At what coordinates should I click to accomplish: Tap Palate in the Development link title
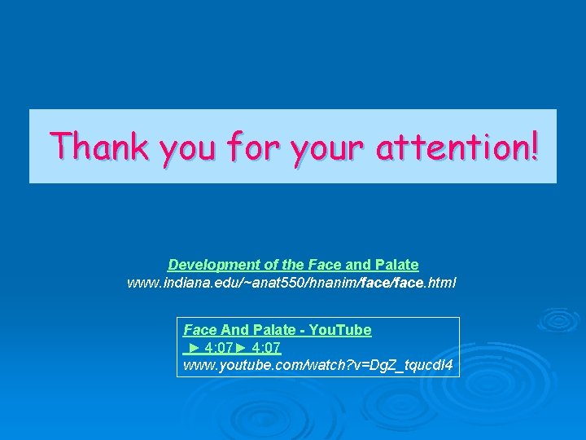(396, 265)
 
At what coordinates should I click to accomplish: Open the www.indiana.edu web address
(291, 283)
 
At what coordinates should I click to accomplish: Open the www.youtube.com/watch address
(317, 365)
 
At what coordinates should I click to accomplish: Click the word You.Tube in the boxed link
(341, 330)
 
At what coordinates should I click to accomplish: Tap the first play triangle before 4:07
(194, 348)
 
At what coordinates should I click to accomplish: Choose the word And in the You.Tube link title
(234, 330)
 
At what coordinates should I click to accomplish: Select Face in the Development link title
(324, 265)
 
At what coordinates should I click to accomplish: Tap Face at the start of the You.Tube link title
(199, 330)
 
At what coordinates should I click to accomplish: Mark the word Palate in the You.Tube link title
(274, 330)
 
